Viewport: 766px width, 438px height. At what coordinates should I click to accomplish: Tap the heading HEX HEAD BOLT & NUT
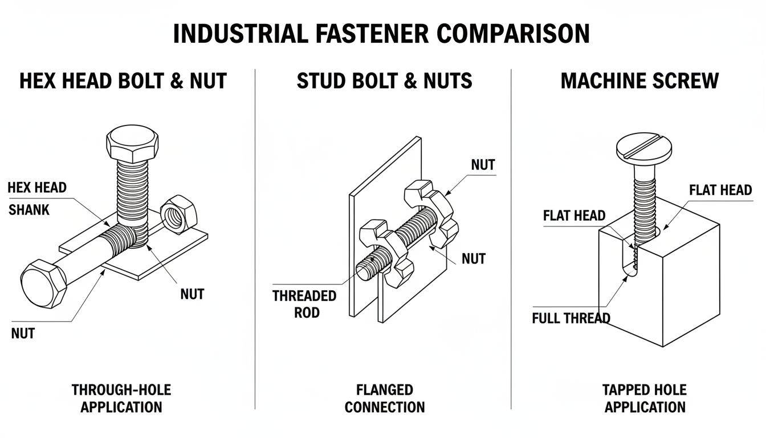coord(123,80)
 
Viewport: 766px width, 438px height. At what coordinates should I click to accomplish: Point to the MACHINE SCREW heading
coord(639,80)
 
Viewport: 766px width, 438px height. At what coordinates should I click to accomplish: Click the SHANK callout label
coord(29,210)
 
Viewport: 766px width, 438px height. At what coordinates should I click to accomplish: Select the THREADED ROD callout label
coord(304,304)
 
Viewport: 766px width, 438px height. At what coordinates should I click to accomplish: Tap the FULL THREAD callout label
coord(571,318)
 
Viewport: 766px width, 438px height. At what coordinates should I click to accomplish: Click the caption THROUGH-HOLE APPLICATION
coord(121,399)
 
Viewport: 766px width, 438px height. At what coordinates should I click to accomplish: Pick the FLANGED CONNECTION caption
coord(385,399)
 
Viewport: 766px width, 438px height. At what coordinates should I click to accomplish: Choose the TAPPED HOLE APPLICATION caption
coord(645,399)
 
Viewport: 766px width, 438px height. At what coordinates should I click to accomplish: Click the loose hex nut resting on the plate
coord(178,214)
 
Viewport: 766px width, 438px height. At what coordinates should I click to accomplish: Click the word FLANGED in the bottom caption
coord(385,390)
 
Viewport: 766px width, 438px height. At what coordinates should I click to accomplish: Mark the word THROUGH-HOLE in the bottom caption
coord(121,390)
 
